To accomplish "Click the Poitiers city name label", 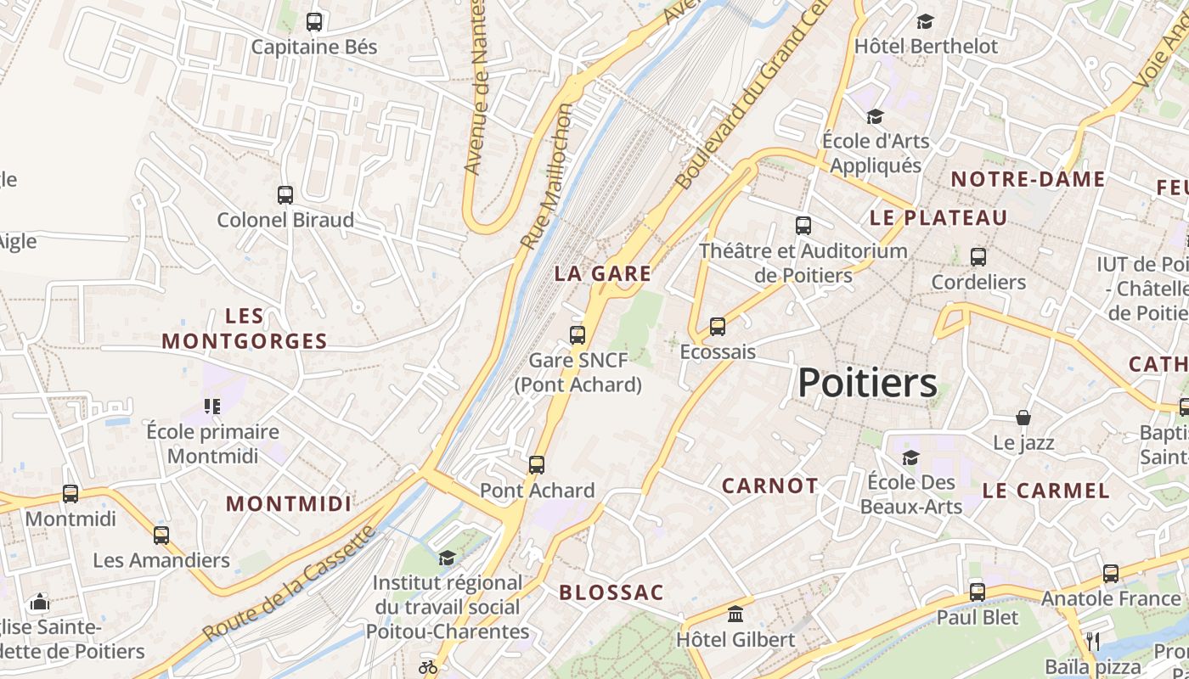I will pyautogui.click(x=867, y=383).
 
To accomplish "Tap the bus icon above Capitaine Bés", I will pyautogui.click(x=314, y=22).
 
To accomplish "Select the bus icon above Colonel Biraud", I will pyautogui.click(x=285, y=195).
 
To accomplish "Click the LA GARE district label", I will pyautogui.click(x=603, y=273).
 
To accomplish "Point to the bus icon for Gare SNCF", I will pyautogui.click(x=578, y=334).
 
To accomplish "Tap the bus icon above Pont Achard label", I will pyautogui.click(x=537, y=465).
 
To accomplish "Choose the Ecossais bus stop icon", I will pyautogui.click(x=718, y=327).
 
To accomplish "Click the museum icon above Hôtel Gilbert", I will pyautogui.click(x=735, y=614).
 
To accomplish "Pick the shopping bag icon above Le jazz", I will pyautogui.click(x=1023, y=418).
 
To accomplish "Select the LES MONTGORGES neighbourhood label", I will pyautogui.click(x=245, y=329).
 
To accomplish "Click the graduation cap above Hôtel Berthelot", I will pyautogui.click(x=925, y=21).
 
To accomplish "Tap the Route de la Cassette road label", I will pyautogui.click(x=289, y=584).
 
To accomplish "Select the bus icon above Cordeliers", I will pyautogui.click(x=978, y=256).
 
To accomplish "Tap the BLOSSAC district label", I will pyautogui.click(x=611, y=592).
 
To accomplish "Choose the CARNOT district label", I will pyautogui.click(x=770, y=485).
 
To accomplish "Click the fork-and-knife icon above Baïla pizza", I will pyautogui.click(x=1093, y=641).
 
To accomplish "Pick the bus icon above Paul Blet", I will pyautogui.click(x=978, y=592).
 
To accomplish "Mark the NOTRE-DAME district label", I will pyautogui.click(x=1028, y=179).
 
